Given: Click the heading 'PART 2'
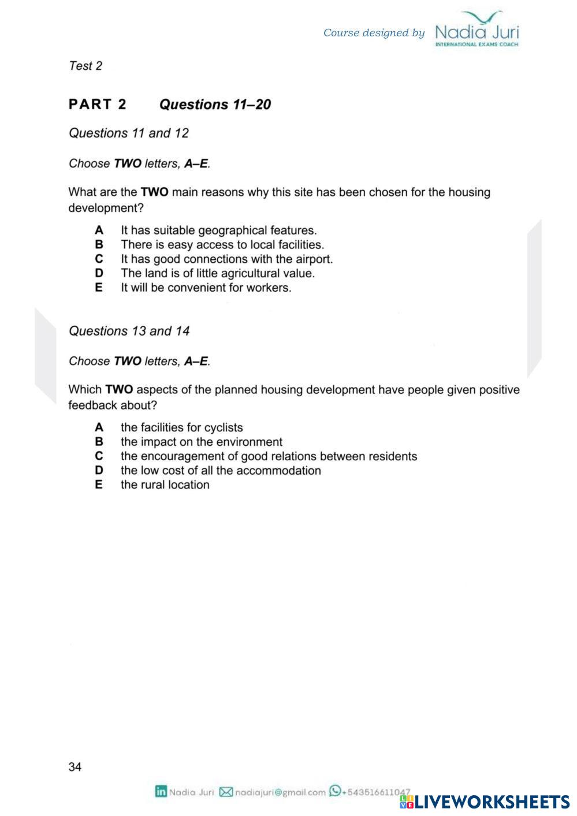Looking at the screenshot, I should coord(97,105).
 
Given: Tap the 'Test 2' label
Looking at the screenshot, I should coord(85,66).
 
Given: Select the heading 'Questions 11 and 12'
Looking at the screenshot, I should coord(129,133).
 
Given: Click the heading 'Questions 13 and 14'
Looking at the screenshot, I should coord(129,331).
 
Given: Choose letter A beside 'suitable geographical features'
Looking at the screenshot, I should coord(99,230).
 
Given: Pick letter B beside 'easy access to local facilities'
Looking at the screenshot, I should coord(99,245).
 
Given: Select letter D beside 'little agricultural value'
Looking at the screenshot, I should coord(99,273).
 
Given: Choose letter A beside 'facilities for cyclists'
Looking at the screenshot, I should coord(99,428).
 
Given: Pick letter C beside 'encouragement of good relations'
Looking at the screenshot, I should coord(99,456).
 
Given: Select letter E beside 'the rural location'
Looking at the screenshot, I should coord(99,485).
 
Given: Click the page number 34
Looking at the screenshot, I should coord(75,767).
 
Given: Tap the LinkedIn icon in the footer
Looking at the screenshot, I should coord(161,792).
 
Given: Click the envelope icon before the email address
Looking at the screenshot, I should coord(226,792).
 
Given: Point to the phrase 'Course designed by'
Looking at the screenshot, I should coord(374,33).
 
